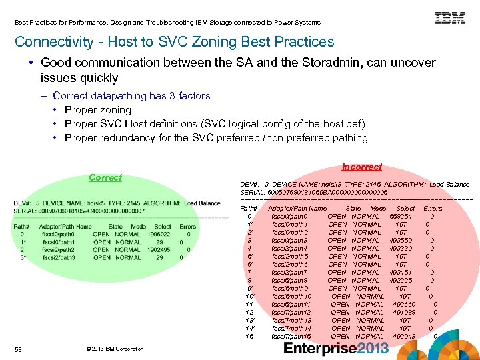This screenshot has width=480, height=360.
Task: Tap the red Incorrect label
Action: (361, 167)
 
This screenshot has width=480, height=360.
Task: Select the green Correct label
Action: (105, 177)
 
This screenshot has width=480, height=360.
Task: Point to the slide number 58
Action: (18, 349)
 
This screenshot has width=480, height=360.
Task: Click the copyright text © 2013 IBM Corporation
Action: (115, 349)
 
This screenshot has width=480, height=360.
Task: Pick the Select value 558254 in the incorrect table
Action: (401, 216)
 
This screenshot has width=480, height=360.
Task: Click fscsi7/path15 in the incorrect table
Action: (291, 336)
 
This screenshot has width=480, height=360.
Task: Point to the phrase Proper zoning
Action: (98, 110)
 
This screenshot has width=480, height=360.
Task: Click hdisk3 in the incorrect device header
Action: (329, 184)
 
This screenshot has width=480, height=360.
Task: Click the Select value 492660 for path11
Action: (406, 304)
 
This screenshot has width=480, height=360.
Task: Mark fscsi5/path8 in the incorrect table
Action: (290, 280)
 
